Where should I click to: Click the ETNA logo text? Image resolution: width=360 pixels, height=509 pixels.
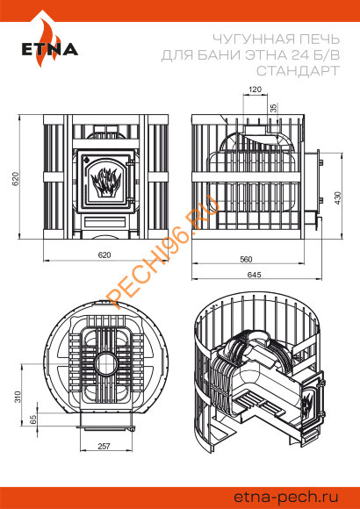point(50,49)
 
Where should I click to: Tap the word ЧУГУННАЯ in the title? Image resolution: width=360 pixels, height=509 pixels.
point(249,39)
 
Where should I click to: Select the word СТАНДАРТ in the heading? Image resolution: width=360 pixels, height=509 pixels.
point(298,70)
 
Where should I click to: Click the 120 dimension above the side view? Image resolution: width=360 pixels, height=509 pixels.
point(255,90)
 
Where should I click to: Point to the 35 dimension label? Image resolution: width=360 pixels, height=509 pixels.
point(274,108)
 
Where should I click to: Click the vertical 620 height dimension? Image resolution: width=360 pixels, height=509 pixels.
point(16,178)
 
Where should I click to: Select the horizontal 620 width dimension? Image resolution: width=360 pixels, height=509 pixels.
point(104,255)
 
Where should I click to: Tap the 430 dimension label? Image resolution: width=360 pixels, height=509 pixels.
point(338,198)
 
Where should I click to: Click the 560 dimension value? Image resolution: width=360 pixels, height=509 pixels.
point(246,260)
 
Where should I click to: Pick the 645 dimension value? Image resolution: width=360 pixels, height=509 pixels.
point(254,275)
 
